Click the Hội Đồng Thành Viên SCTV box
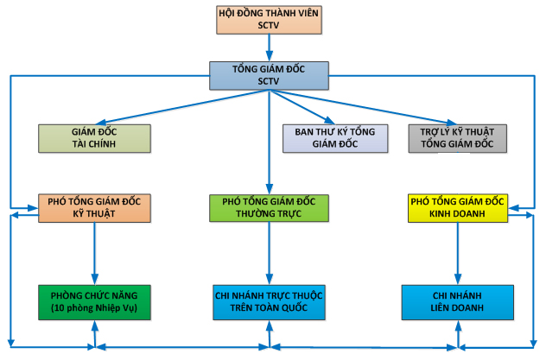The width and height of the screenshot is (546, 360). coord(269,20)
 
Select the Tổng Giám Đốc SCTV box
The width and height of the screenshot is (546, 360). coord(269,75)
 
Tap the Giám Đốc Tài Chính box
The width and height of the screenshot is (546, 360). coord(94,138)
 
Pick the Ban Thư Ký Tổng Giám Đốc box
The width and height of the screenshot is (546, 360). coord(335,138)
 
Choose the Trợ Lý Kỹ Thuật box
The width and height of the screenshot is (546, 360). coord(458,138)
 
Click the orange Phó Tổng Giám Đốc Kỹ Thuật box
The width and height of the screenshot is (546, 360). coord(94,208)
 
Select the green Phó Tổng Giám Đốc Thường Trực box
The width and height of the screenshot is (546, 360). coord(269,208)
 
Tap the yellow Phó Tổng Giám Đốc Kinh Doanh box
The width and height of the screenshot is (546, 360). coord(458,208)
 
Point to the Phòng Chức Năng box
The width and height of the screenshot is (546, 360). coord(94,302)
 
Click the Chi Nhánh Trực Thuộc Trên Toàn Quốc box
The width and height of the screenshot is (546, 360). coord(269,302)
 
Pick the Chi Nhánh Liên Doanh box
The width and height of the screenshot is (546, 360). coord(458,302)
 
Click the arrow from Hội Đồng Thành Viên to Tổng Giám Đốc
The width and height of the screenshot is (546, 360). coord(269,47)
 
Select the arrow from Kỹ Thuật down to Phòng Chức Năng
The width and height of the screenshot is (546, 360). coord(94,254)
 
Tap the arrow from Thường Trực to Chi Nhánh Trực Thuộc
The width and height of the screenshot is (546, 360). coord(269,254)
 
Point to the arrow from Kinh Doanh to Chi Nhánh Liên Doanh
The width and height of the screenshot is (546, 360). coord(458,254)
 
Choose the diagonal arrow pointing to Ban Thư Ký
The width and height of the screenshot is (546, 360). coord(302,107)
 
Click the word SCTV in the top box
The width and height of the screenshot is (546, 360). coord(269,25)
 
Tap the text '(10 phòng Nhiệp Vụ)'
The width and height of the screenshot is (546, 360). coord(94,308)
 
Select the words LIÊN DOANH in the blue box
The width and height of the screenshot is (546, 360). coord(457,308)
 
